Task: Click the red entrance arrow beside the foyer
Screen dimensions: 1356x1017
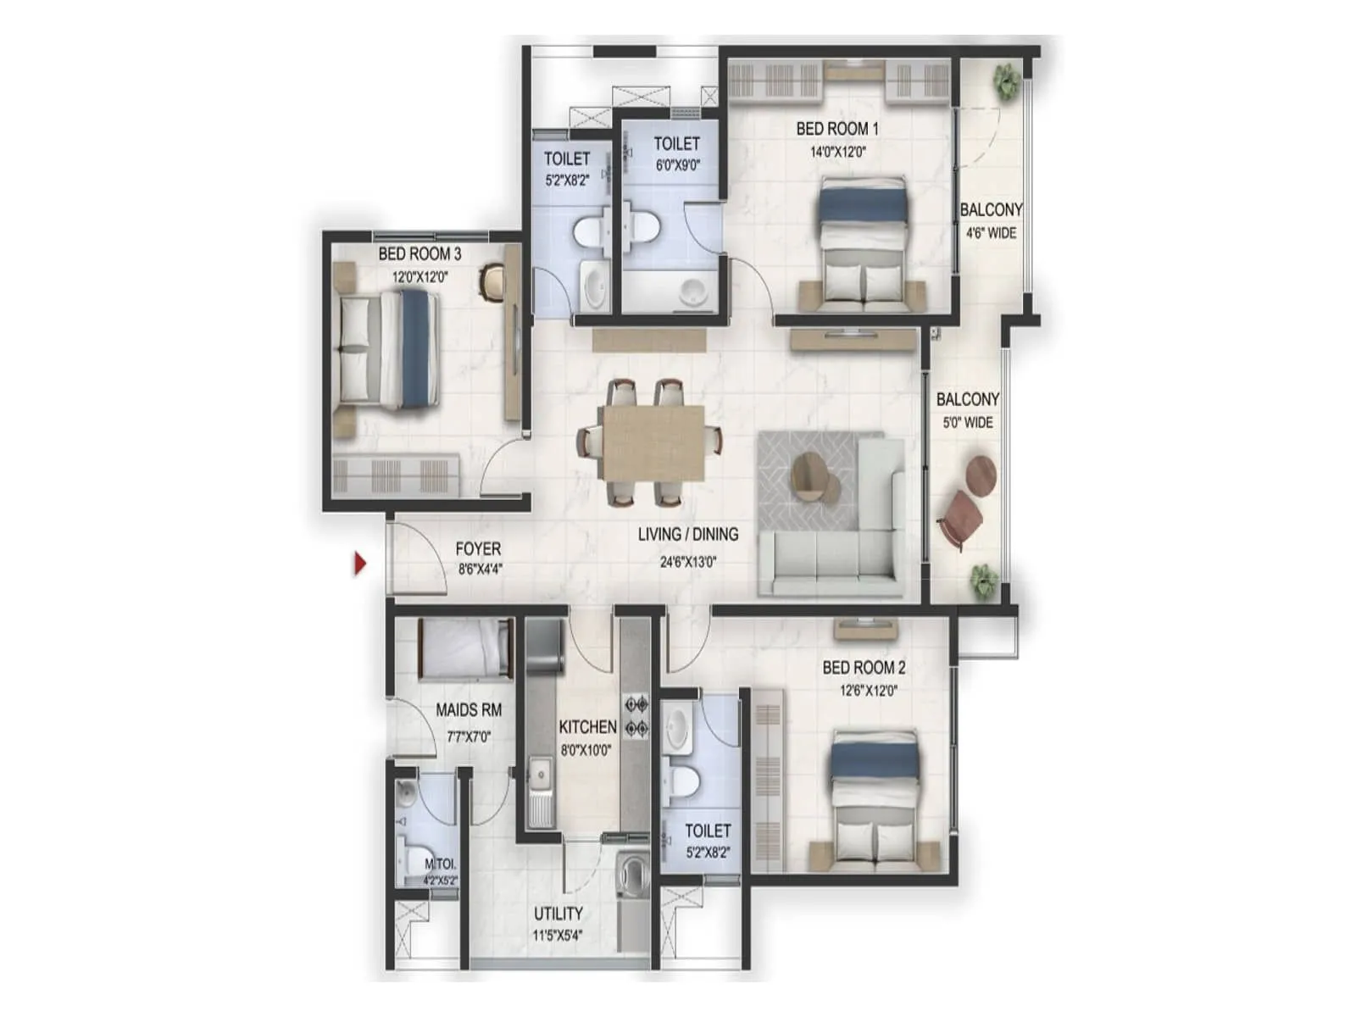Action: [x=359, y=563]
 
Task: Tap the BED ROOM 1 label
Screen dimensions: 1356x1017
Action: [x=837, y=129]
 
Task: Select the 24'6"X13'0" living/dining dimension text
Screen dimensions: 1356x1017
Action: [x=687, y=562]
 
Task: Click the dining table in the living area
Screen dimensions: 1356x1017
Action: [x=654, y=442]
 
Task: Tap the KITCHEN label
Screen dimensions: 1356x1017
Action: [x=587, y=727]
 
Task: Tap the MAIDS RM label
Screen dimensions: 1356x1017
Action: [x=469, y=710]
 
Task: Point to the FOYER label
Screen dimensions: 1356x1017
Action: [x=478, y=548]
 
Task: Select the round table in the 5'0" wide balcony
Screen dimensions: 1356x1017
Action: [x=981, y=474]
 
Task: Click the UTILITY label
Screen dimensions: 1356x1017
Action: [x=558, y=913]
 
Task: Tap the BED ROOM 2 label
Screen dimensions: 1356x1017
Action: [x=864, y=667]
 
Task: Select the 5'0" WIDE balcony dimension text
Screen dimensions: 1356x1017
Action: [x=968, y=422]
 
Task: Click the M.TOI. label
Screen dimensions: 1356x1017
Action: [x=441, y=864]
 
